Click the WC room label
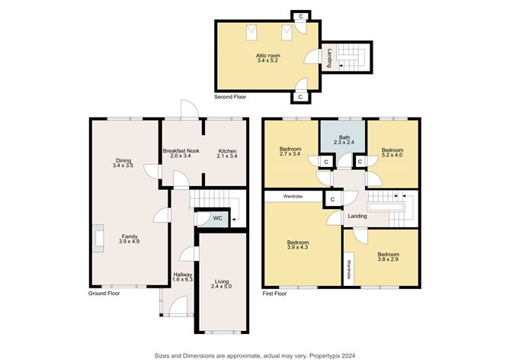pyautogui.click(x=217, y=218)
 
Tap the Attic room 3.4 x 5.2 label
pyautogui.click(x=267, y=58)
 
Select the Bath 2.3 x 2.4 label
pyautogui.click(x=344, y=140)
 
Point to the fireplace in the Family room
pyautogui.click(x=98, y=238)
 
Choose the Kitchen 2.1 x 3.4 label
pyautogui.click(x=227, y=153)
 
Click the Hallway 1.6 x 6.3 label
pyautogui.click(x=182, y=277)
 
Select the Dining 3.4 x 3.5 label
pyautogui.click(x=123, y=162)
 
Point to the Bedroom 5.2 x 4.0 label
pyautogui.click(x=392, y=153)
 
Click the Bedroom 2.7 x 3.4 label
pyautogui.click(x=290, y=152)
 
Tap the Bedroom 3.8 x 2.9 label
pyautogui.click(x=389, y=257)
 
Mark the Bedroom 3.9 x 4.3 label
pyautogui.click(x=298, y=245)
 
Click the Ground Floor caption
pyautogui.click(x=104, y=293)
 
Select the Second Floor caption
pyautogui.click(x=230, y=97)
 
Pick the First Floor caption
pyautogui.click(x=274, y=294)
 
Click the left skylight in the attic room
pyautogui.click(x=251, y=33)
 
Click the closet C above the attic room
pyautogui.click(x=300, y=16)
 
